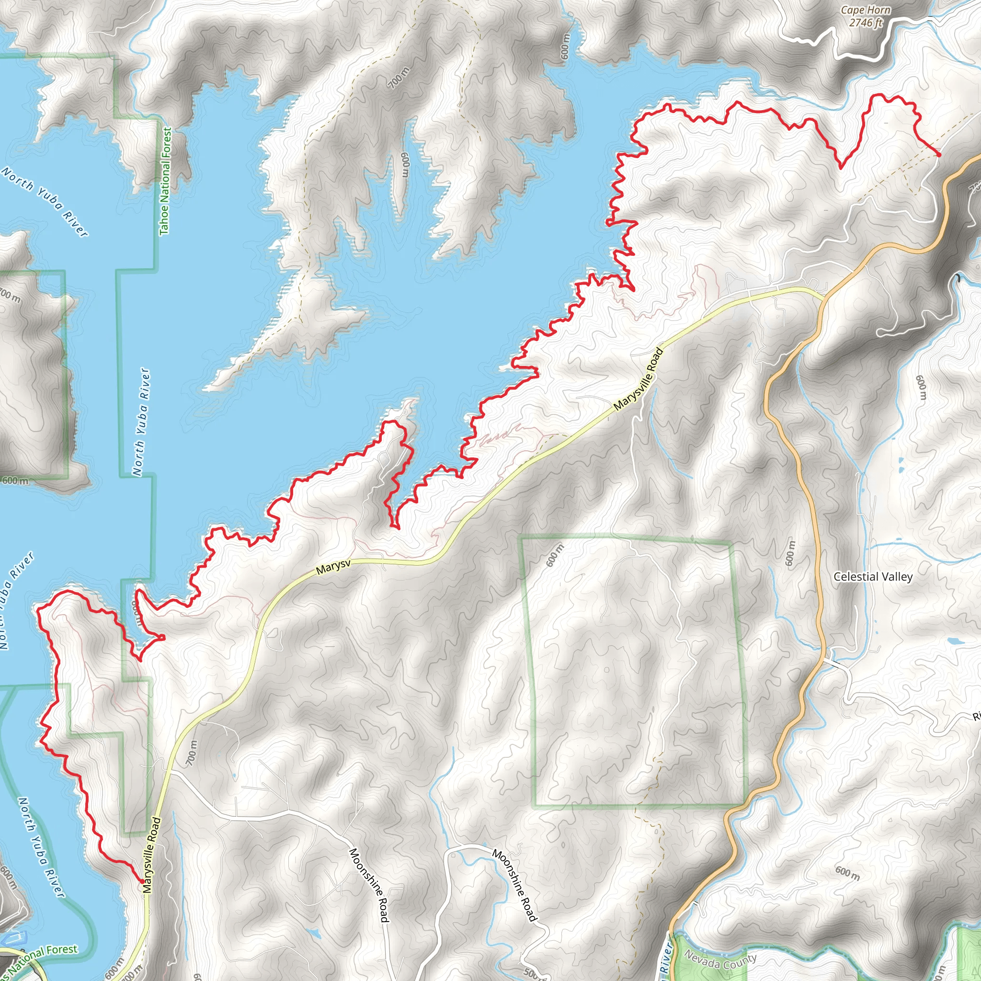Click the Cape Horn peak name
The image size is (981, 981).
click(865, 10)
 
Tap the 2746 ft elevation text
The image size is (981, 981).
click(866, 23)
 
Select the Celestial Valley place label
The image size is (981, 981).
click(873, 577)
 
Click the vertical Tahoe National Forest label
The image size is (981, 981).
click(166, 181)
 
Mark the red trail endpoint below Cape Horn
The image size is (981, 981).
click(939, 154)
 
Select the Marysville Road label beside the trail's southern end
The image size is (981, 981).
click(151, 855)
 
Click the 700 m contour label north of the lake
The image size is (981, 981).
click(399, 78)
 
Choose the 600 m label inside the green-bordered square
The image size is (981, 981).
click(555, 555)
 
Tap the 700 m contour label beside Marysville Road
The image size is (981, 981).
click(191, 753)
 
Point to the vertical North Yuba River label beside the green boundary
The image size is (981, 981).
click(142, 422)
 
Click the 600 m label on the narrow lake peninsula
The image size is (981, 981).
click(405, 165)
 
